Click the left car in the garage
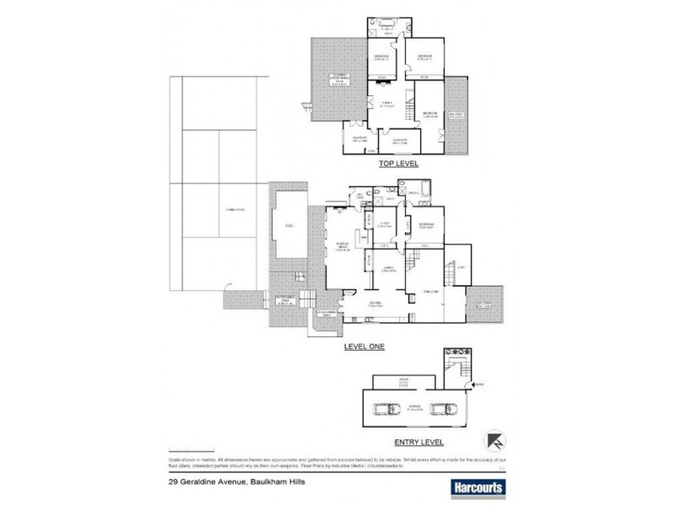(384, 411)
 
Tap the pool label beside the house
(289, 226)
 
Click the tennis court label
(224, 208)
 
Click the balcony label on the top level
(456, 116)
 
